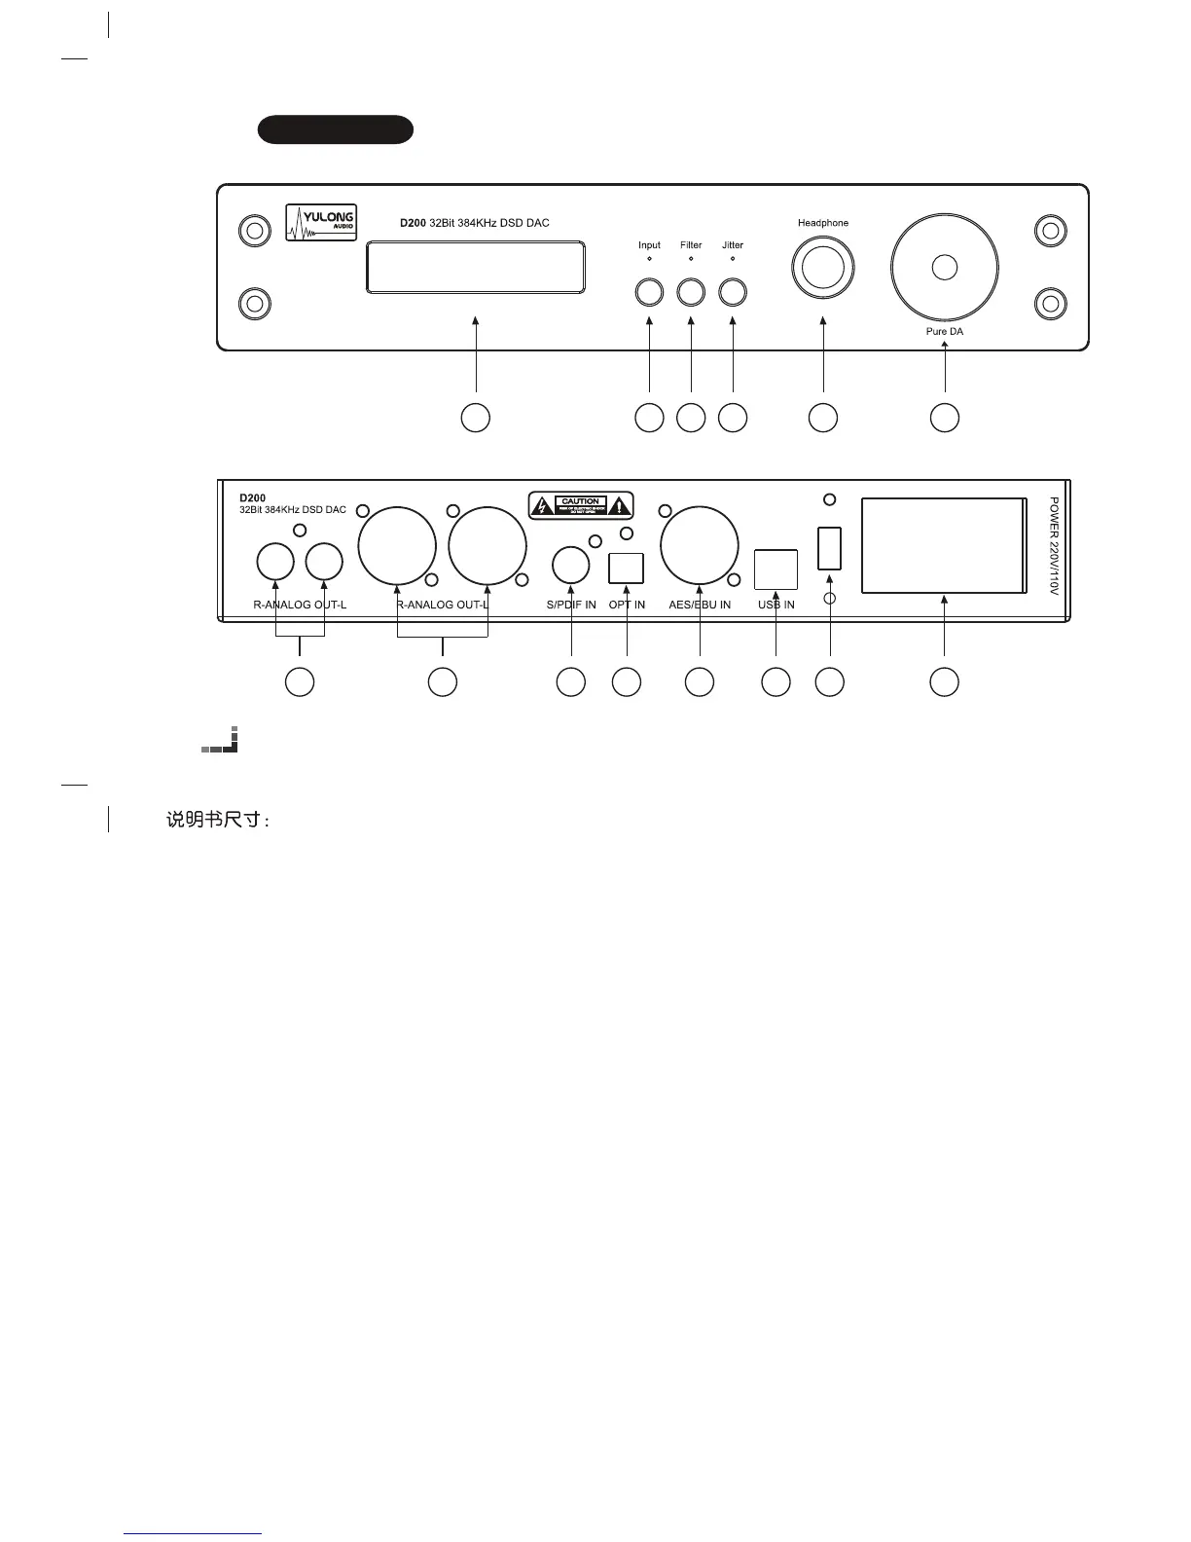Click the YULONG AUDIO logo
tap(321, 222)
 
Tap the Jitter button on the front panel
tap(733, 291)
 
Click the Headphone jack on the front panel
tap(823, 268)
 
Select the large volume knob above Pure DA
tap(944, 267)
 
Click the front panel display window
tap(475, 268)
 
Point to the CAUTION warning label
tap(581, 505)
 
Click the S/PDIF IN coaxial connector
tap(571, 565)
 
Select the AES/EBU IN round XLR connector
tap(700, 546)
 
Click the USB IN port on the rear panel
tap(776, 569)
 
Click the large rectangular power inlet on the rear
tap(943, 545)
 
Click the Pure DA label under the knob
tap(945, 332)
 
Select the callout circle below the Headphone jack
tap(823, 417)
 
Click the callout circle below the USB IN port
tap(776, 682)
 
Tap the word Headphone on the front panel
tap(823, 223)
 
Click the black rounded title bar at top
tap(336, 129)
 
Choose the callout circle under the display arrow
tap(475, 417)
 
